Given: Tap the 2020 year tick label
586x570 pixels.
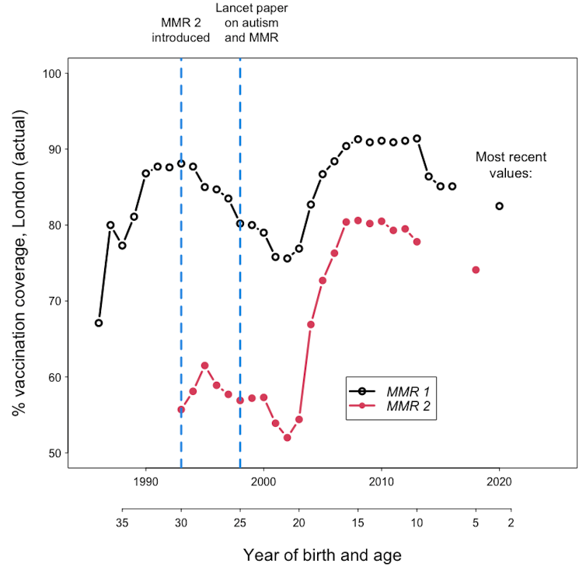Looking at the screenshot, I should [498, 482].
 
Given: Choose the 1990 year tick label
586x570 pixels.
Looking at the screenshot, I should [145, 482].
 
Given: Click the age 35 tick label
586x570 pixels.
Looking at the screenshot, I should [122, 523].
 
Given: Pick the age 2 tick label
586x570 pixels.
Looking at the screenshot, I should [511, 523].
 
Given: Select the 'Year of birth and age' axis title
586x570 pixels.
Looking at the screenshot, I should [323, 554].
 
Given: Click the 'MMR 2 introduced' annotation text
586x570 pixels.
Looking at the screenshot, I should [181, 30].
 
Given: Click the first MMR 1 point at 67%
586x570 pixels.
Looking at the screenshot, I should [99, 323].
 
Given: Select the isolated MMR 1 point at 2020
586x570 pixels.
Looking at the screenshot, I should [499, 206].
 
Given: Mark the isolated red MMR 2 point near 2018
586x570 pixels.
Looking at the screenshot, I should [476, 270].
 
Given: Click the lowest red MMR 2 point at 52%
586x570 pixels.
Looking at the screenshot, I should [287, 438].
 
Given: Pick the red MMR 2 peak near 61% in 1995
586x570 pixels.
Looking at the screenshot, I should [204, 365].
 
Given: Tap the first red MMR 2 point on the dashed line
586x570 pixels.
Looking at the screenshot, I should [181, 410].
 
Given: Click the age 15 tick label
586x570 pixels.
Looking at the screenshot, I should [358, 523].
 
